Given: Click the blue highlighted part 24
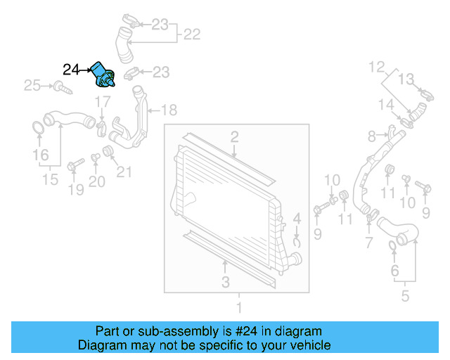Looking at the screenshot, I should coord(105,73).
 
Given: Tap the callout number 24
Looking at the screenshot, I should coord(72,69).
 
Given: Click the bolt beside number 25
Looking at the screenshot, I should coord(62,88).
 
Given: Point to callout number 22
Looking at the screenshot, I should coord(192,33).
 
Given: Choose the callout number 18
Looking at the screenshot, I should coord(169,110).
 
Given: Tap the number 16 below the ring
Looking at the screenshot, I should coord(40,155).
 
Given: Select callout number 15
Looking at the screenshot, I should coord(49,180).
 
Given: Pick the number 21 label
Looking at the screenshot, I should coord(124,172).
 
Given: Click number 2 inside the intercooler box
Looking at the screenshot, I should coord(233,136).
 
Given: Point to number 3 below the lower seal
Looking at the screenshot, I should coord(224,283).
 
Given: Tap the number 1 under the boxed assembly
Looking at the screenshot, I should coord(238,307).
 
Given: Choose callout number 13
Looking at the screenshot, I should coord(407,78).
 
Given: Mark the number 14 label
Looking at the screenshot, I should coord(385,105).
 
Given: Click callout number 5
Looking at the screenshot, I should coord(404,296).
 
